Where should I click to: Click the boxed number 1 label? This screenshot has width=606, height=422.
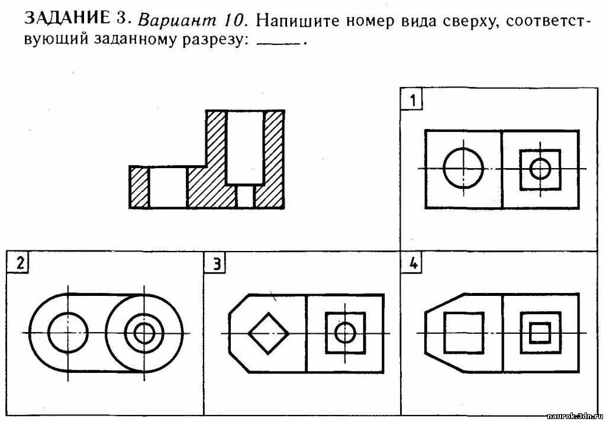coord(412,100)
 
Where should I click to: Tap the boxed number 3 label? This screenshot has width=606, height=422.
coord(217,265)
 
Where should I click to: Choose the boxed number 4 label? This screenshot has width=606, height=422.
coord(412,264)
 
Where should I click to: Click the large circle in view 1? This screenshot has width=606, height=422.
coord(463,169)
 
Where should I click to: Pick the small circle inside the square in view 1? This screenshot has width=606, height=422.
coord(540,169)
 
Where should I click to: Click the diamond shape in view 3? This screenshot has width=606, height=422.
coord(269,333)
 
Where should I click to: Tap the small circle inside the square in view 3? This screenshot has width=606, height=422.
coord(345,333)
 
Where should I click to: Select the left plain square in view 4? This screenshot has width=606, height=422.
coord(464,332)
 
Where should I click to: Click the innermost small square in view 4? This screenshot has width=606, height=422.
coord(540,333)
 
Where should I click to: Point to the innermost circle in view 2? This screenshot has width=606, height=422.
coord(144,333)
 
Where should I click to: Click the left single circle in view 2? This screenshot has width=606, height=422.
coord(68,333)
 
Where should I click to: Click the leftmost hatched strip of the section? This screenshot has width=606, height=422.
coord(139,187)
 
